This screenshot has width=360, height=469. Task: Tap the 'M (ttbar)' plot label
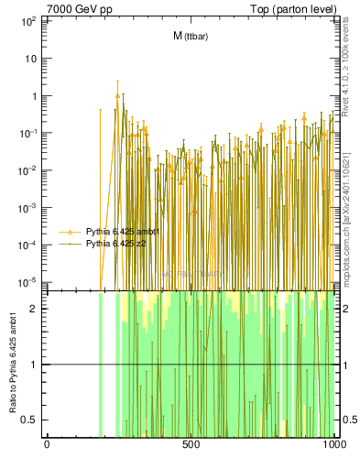[191, 36]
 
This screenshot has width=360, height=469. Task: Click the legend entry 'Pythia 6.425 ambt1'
[123, 232]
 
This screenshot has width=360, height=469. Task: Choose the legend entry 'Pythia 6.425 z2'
[116, 244]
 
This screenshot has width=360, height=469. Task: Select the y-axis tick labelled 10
[30, 58]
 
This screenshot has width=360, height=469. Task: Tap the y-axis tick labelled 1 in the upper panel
[33, 95]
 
